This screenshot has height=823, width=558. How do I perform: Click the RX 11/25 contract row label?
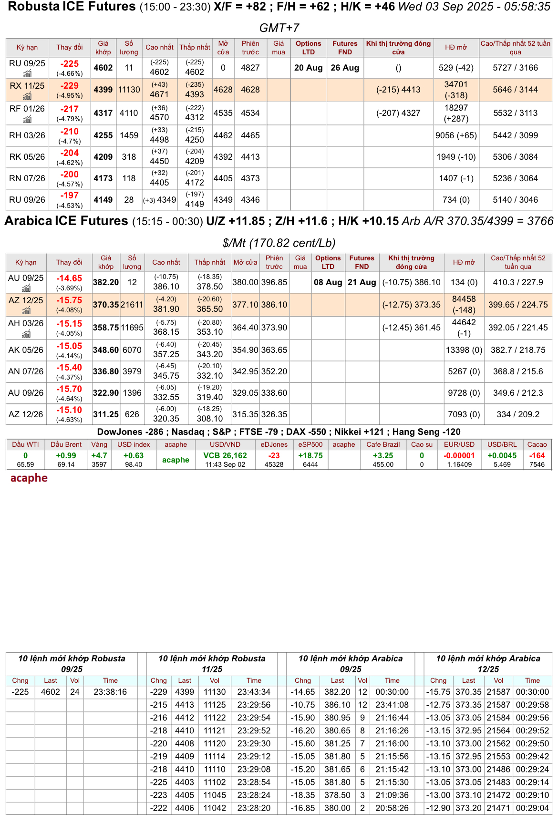(x=27, y=86)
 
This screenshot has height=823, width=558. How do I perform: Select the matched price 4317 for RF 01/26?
(x=103, y=113)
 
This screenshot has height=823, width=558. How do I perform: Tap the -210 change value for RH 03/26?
(x=70, y=132)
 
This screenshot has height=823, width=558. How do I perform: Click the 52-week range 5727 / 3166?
(x=515, y=68)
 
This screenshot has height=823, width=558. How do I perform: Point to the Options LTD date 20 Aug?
(x=308, y=68)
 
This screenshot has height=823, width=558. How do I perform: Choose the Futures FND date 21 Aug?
(x=362, y=282)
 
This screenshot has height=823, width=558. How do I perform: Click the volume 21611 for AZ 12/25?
(x=132, y=305)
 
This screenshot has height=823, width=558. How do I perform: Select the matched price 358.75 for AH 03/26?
(x=106, y=328)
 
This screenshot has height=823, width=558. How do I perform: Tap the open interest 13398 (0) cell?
(x=464, y=350)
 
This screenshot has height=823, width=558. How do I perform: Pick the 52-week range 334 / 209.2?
(x=518, y=414)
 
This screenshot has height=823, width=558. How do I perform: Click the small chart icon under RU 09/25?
(x=27, y=74)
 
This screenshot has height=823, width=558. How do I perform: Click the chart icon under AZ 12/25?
(x=26, y=311)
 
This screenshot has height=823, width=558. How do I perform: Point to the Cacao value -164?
(x=537, y=456)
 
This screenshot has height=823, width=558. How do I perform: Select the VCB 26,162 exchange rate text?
(x=225, y=456)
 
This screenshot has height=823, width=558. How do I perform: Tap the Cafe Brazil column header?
(x=383, y=444)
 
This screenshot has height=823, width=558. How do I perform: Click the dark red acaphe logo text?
(x=29, y=478)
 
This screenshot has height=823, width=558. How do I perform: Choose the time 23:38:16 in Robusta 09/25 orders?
(x=110, y=692)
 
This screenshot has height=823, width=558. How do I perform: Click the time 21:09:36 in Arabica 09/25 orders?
(x=392, y=795)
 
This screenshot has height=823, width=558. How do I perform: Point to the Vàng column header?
(x=99, y=444)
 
